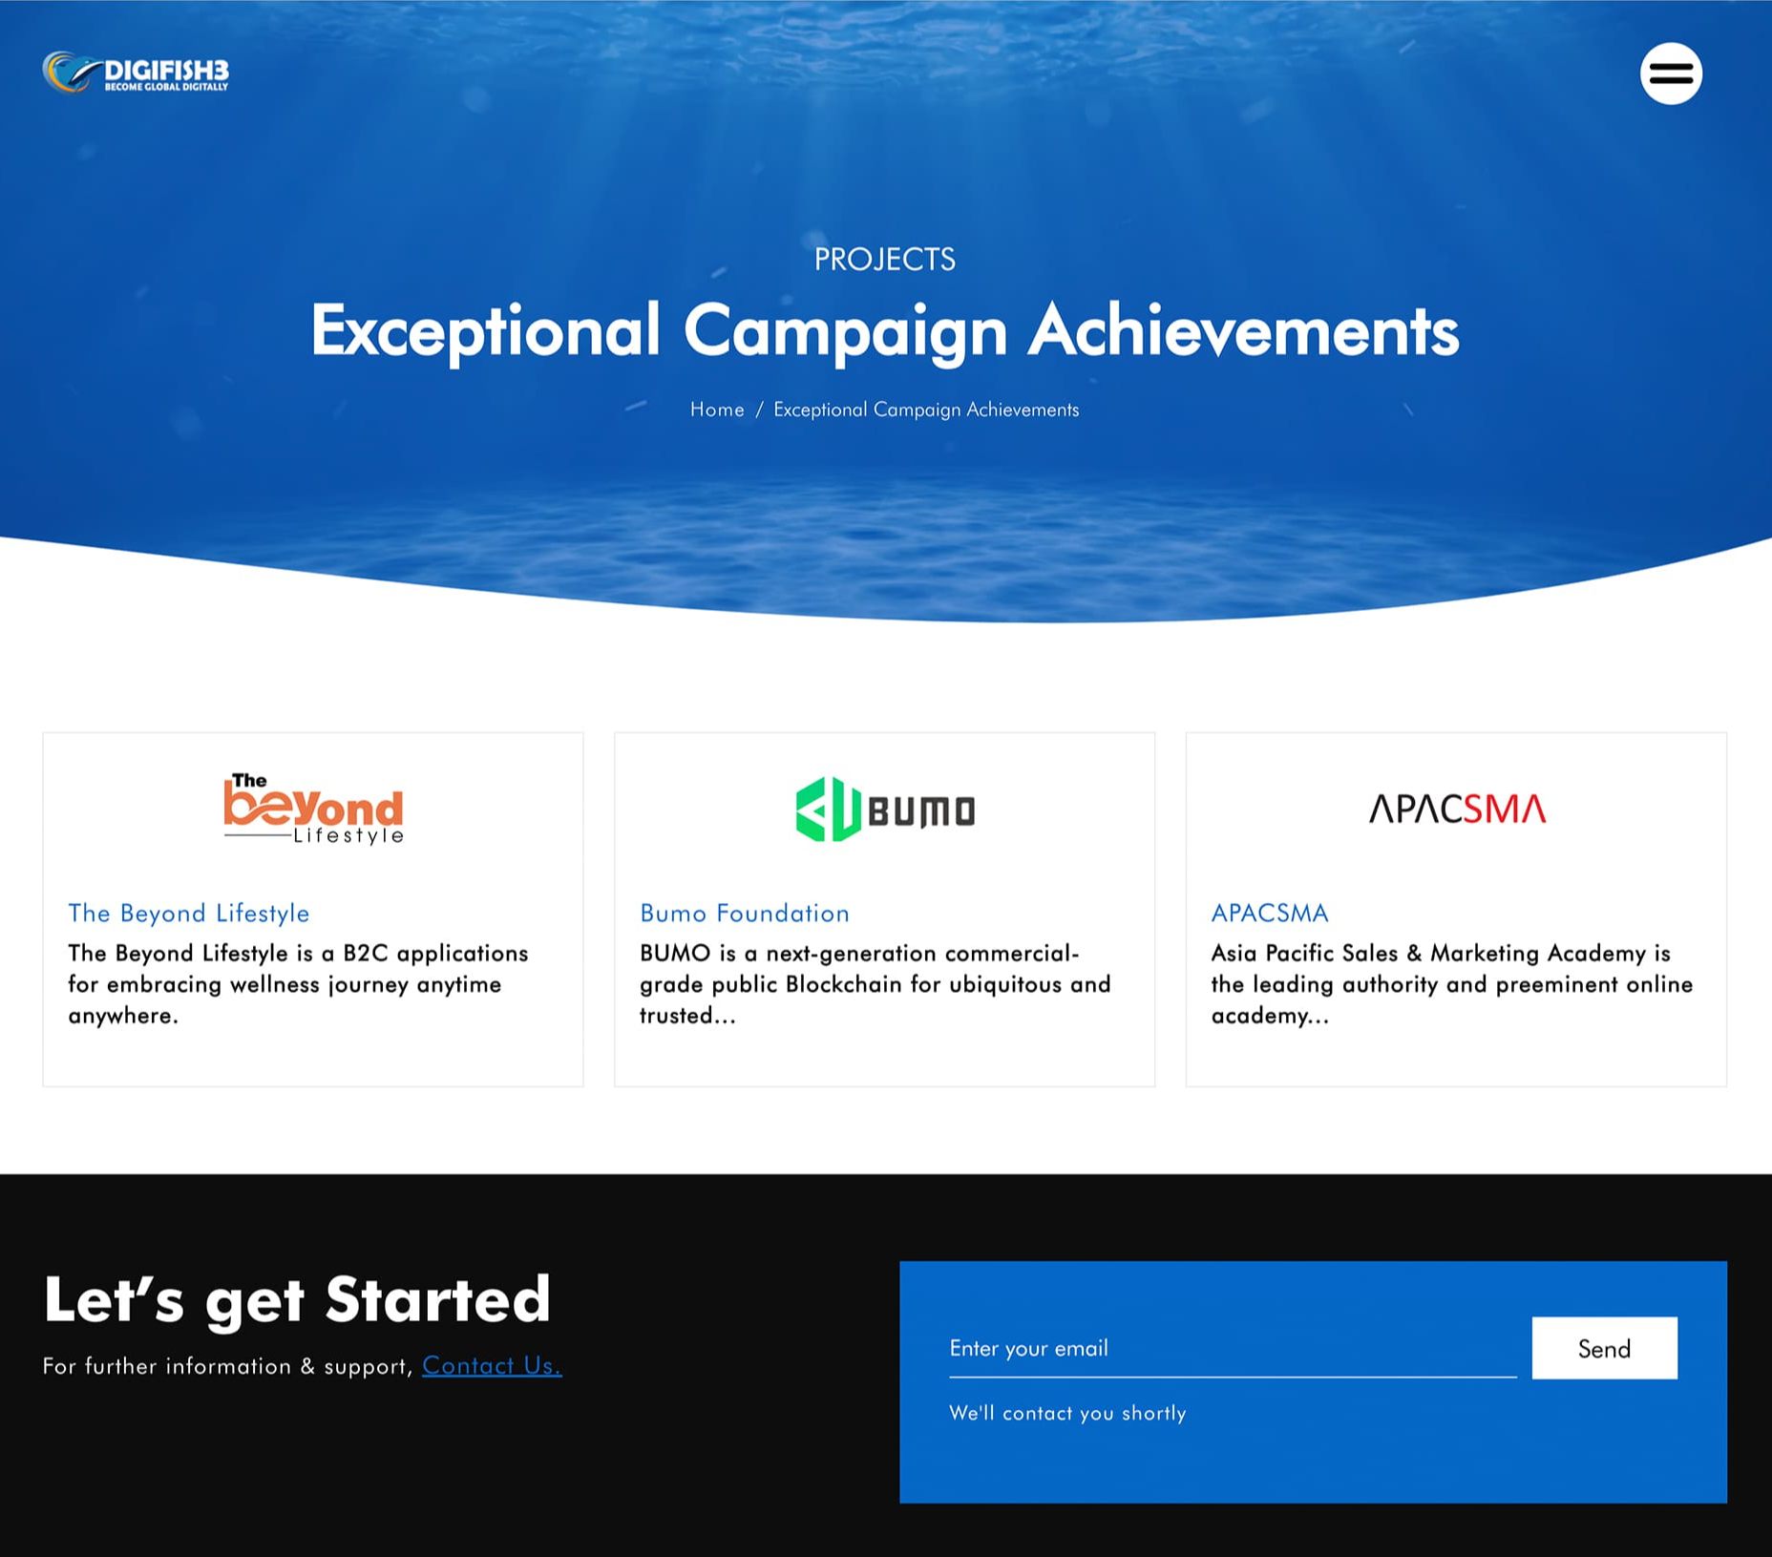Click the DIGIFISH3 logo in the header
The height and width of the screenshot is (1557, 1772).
point(136,73)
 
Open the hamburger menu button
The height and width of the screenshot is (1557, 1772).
point(1671,74)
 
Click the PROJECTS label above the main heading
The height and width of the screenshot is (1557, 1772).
point(885,260)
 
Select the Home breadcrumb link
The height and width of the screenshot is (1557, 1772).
point(717,410)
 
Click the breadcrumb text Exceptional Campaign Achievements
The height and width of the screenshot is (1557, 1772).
point(926,410)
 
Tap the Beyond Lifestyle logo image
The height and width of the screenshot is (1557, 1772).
point(314,809)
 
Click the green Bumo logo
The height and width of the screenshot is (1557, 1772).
point(885,810)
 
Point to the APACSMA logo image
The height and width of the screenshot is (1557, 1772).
point(1457,809)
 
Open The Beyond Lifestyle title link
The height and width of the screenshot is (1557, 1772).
point(189,914)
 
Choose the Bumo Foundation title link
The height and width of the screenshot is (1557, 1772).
point(745,914)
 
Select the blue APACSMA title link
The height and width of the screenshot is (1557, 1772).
point(1270,914)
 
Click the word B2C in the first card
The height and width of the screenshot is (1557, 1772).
point(366,954)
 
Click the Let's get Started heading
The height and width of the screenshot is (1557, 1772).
point(297,1300)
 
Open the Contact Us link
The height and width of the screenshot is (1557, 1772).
point(492,1366)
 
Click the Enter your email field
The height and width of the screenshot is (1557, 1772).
point(1233,1348)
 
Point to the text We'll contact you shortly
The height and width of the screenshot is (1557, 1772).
point(1067,1413)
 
